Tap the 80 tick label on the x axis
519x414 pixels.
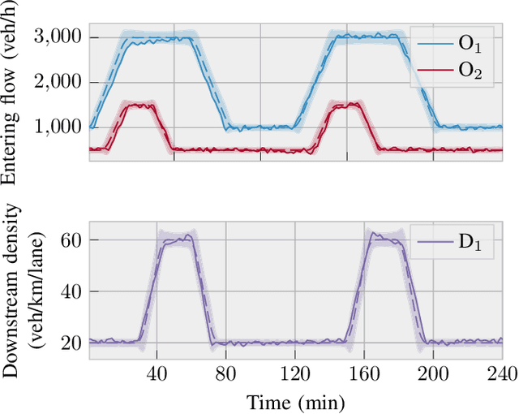(225, 373)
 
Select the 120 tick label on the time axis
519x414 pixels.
(294, 373)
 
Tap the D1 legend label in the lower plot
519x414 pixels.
(468, 243)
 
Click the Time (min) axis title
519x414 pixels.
(296, 401)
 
